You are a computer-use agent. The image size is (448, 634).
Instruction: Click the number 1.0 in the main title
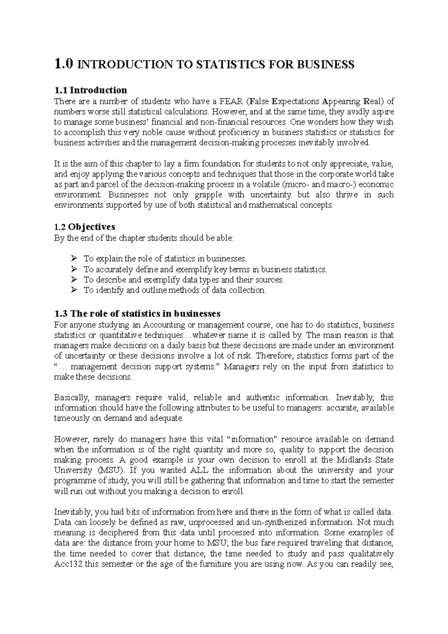(x=64, y=65)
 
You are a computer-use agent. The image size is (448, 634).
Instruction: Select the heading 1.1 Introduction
(x=91, y=90)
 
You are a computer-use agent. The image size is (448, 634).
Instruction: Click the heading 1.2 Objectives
(x=85, y=227)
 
